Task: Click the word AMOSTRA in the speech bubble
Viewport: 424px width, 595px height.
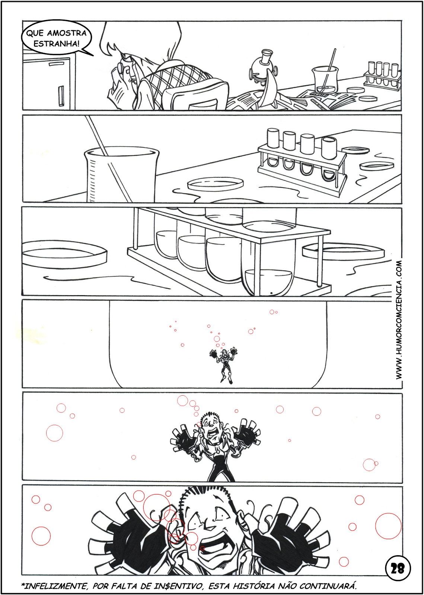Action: coord(67,33)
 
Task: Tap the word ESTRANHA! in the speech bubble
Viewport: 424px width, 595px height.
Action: coord(56,44)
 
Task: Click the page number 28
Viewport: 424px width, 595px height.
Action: coord(398,569)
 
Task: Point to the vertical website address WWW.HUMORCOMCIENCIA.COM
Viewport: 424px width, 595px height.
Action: coord(399,320)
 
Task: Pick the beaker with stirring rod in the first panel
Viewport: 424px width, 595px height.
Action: coord(325,77)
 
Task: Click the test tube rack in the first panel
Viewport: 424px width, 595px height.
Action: coord(383,75)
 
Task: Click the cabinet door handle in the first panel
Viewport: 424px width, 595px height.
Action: coord(61,96)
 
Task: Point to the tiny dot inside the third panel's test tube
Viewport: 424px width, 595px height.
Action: coord(271,293)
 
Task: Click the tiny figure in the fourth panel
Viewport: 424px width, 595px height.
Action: coord(224,366)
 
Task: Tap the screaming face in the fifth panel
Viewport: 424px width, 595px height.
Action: coord(211,428)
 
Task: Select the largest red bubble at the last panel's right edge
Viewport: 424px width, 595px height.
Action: coord(388,526)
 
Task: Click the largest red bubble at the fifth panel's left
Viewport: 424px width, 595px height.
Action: coord(54,433)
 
